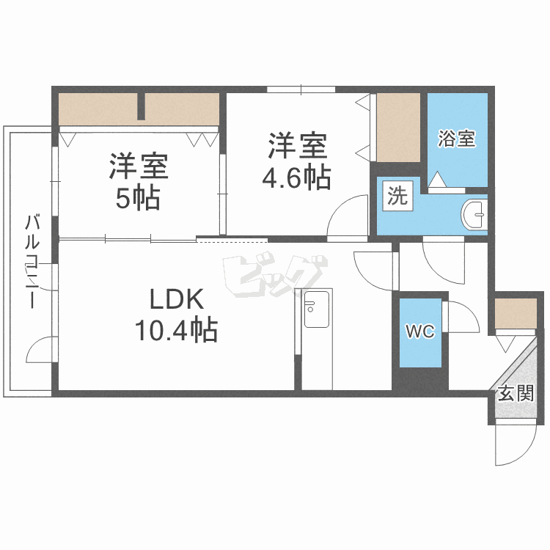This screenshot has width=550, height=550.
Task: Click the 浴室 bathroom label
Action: [x=457, y=139]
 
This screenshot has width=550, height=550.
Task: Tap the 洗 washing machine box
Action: [x=397, y=196]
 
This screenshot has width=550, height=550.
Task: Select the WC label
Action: [x=420, y=332]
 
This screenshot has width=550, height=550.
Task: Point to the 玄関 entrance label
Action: [x=516, y=393]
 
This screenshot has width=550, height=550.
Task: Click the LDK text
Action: [x=176, y=299]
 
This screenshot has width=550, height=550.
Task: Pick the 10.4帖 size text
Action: [x=176, y=331]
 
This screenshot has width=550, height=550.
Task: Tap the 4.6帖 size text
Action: [x=296, y=177]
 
